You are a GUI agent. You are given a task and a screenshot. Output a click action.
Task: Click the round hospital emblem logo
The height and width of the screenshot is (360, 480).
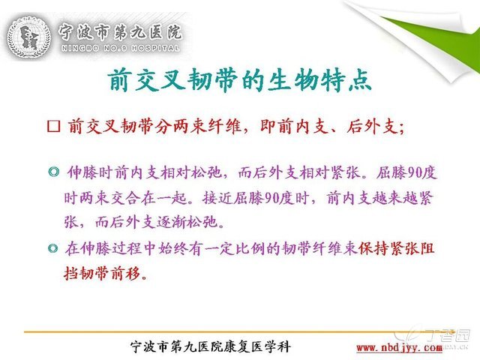pos(28,38)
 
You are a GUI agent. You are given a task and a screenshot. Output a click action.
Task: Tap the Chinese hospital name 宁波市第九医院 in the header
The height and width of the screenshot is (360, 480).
pos(120,32)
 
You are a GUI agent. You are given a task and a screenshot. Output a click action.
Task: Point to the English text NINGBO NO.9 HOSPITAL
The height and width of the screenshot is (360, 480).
pos(120,48)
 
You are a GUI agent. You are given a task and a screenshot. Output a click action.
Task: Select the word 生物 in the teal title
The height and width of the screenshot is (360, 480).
pos(293,80)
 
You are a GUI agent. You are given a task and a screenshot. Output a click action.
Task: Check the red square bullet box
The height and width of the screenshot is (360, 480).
pos(53,126)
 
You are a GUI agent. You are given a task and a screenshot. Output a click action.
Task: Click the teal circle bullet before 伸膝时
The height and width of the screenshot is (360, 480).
pos(53,172)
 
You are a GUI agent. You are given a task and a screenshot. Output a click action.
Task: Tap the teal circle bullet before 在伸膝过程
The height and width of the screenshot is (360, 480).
pos(53,248)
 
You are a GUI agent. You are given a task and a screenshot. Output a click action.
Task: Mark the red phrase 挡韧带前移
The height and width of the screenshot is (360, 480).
pos(102,272)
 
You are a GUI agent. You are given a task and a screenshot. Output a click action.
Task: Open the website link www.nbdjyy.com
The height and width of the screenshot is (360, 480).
pos(399,347)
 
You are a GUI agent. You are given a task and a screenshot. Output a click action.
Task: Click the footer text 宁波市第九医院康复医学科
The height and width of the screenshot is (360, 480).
pos(211,346)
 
